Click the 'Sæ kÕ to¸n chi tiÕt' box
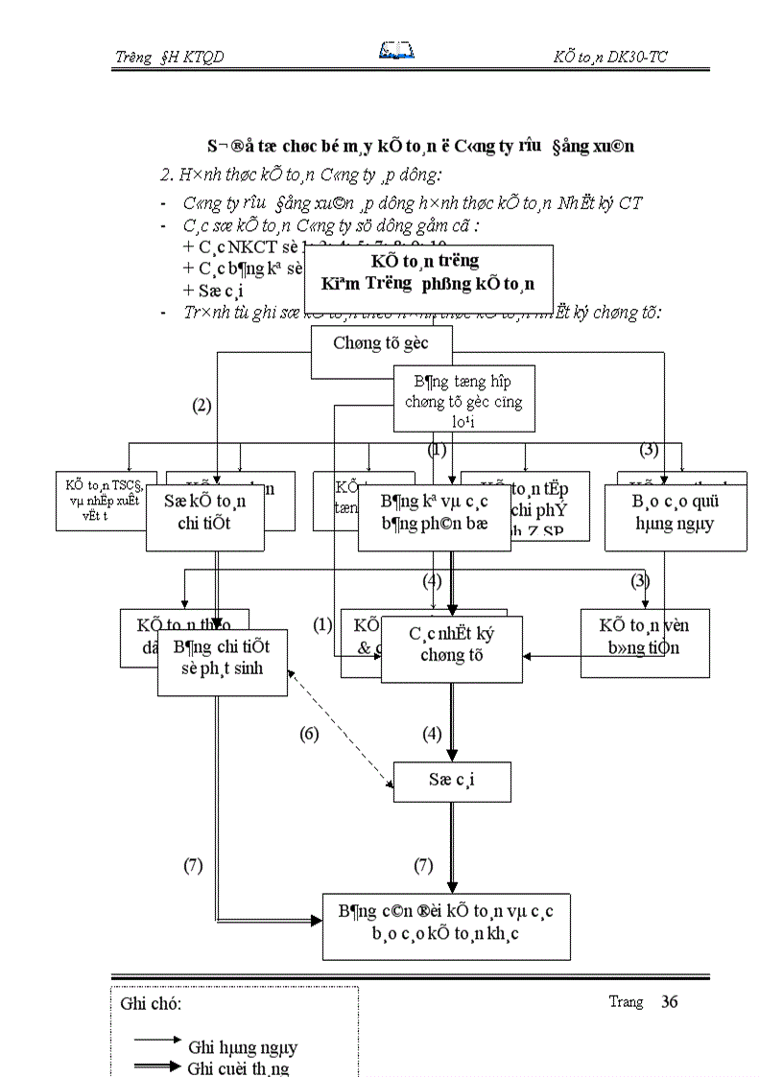coord(204,512)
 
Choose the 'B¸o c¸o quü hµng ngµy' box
coord(675,512)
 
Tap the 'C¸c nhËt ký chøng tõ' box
coord(451,644)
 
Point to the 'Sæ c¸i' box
coord(452,780)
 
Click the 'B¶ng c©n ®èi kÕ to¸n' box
coord(450,923)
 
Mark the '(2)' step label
coord(202,406)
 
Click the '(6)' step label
coord(309,735)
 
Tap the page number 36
coord(669,1002)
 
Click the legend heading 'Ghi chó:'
coord(152,1004)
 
